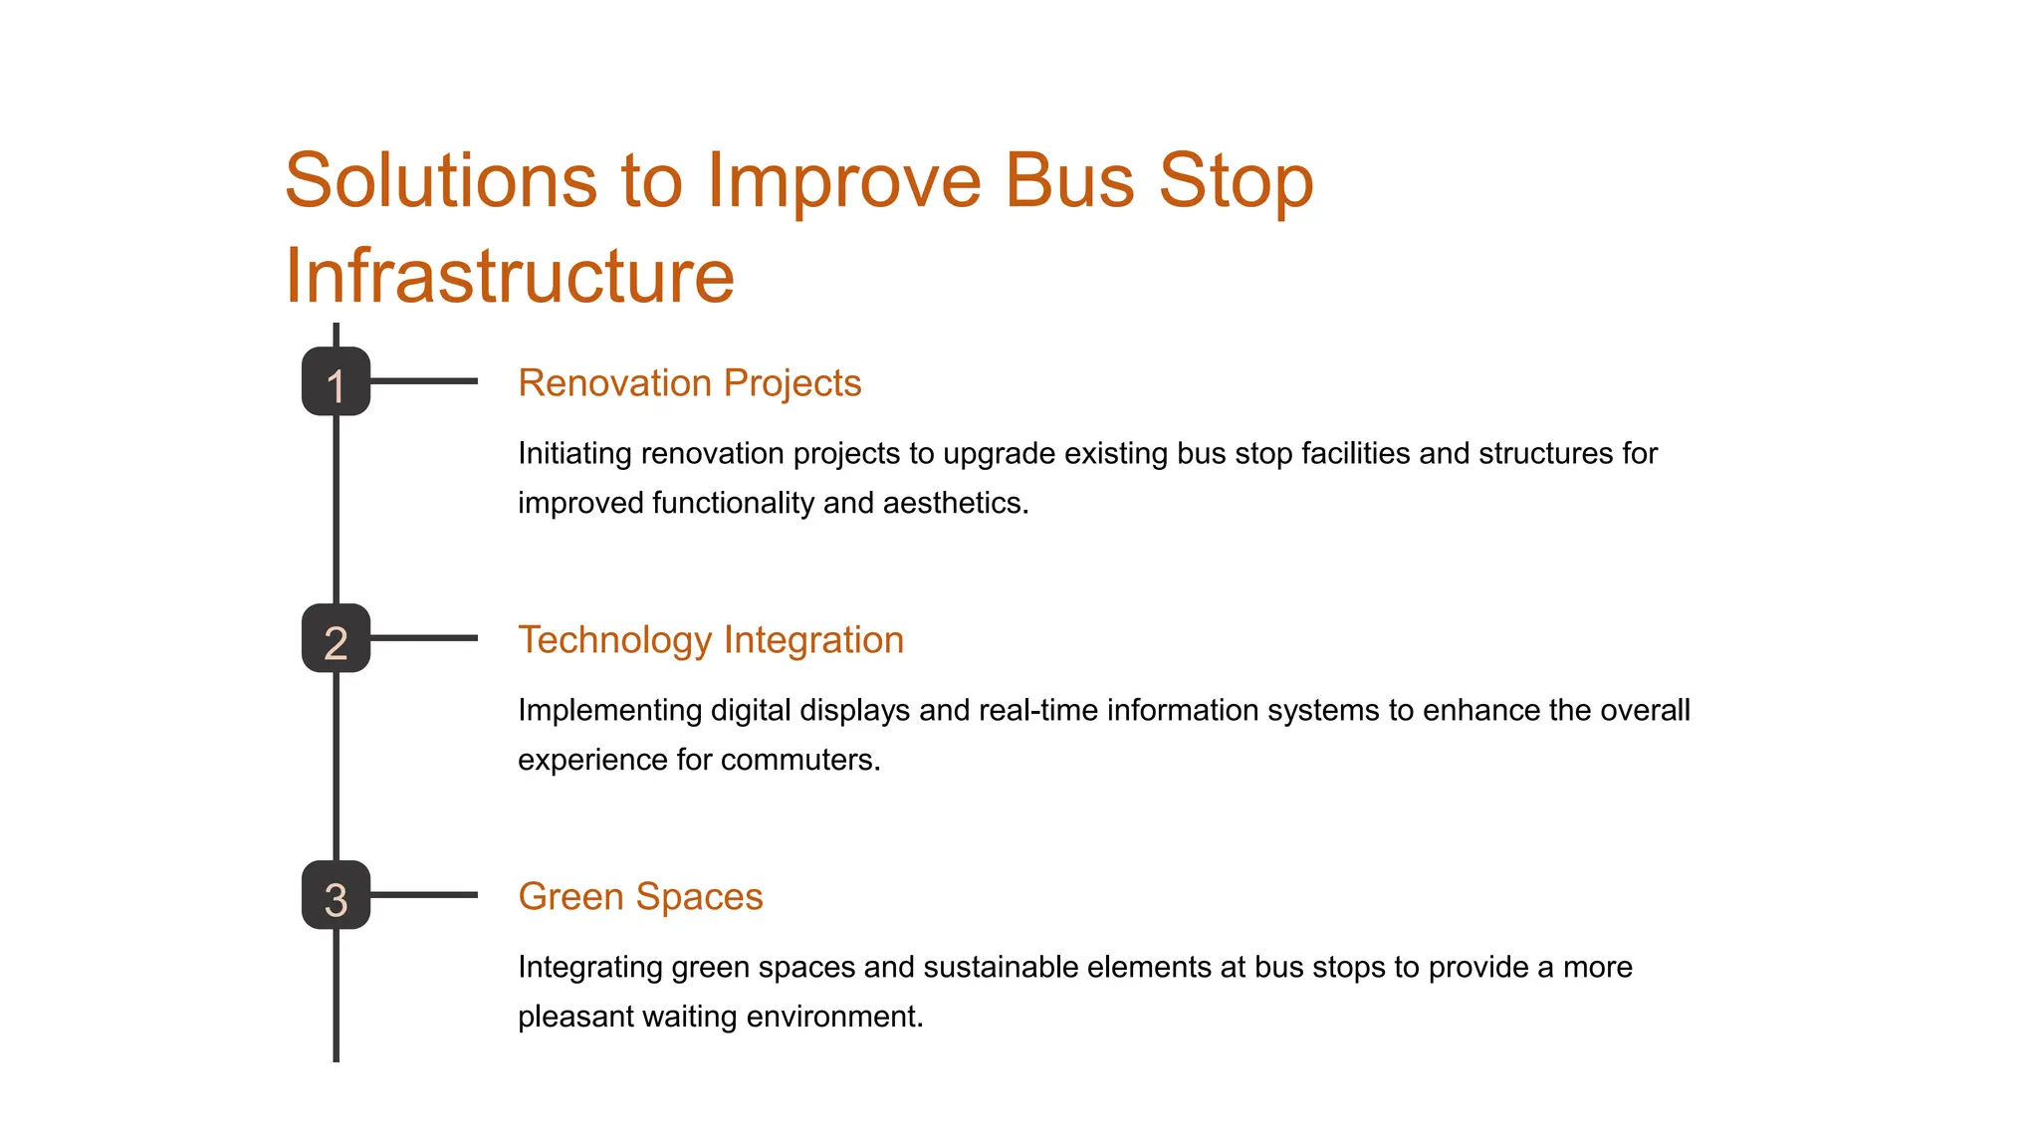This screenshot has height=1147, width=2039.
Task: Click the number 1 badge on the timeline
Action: click(336, 381)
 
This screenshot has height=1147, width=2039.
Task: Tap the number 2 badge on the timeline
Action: click(336, 638)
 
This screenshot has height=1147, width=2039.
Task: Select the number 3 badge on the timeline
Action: click(336, 895)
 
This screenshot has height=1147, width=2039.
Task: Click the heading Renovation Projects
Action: click(689, 383)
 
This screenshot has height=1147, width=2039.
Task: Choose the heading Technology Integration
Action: click(711, 640)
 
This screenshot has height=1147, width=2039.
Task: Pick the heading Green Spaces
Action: click(640, 897)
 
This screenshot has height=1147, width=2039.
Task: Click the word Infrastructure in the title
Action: click(510, 276)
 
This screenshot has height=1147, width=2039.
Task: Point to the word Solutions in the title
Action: click(440, 181)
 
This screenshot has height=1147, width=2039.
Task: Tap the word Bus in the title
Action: click(1069, 181)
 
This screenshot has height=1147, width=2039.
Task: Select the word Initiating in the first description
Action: click(574, 454)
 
